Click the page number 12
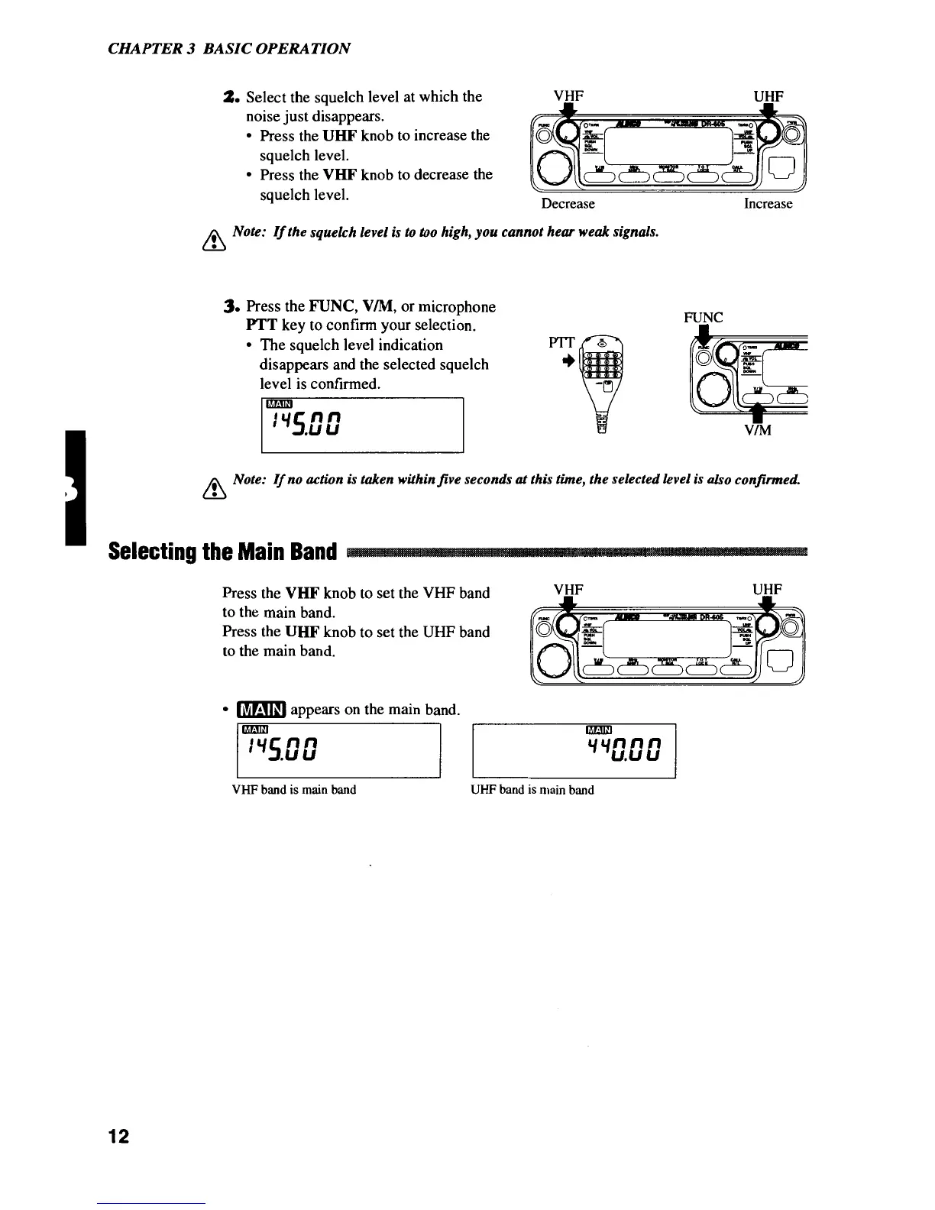118,1137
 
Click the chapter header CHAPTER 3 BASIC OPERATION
229,49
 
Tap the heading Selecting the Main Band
222,551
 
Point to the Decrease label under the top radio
568,204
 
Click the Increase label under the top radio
768,204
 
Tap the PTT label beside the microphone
561,344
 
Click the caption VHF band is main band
294,790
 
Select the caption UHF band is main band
532,790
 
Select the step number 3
226,306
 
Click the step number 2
227,97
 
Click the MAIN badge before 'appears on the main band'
261,710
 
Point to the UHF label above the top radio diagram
768,96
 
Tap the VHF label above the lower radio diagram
568,590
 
